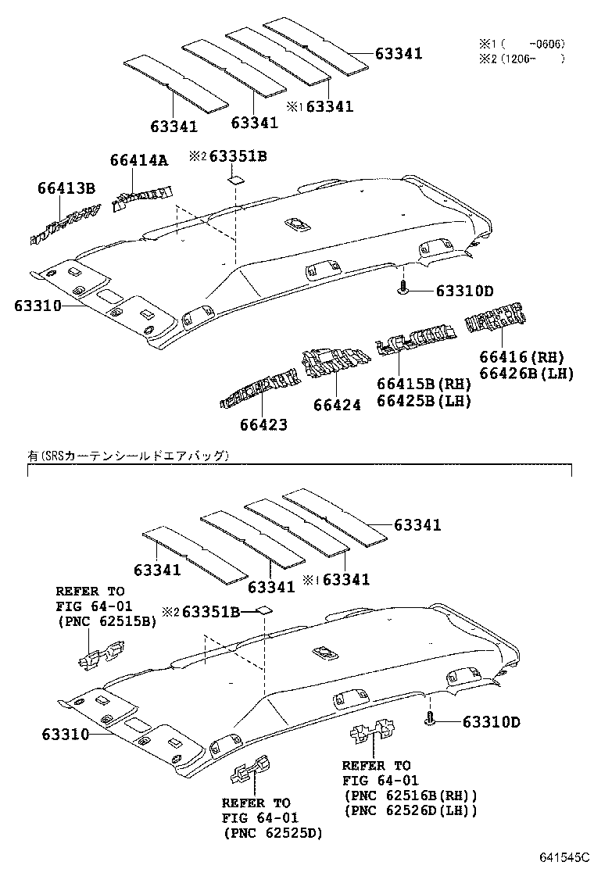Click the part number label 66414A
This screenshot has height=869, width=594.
click(138, 160)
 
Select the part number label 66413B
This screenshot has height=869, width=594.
click(66, 188)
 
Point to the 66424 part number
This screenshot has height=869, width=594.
click(337, 405)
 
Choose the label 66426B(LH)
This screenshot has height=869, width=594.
click(526, 374)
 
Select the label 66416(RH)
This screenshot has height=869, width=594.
click(526, 356)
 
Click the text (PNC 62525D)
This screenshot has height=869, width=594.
click(271, 833)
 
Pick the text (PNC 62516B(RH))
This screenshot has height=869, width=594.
click(410, 795)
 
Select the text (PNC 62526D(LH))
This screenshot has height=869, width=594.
click(410, 810)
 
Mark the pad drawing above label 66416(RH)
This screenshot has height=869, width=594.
click(496, 320)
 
